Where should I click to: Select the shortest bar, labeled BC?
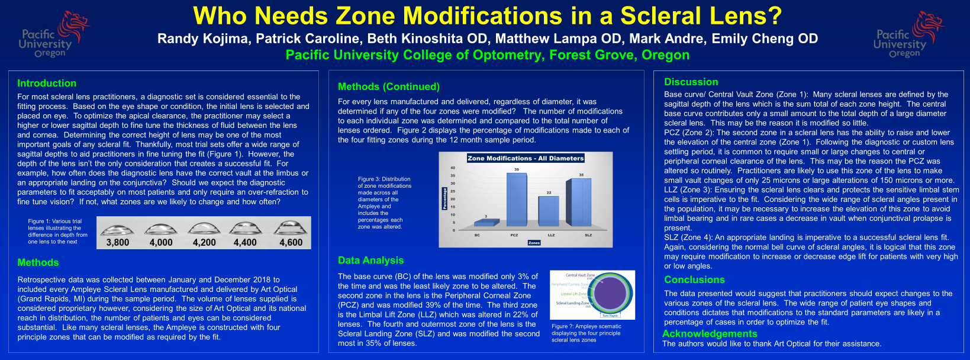coord(486,223)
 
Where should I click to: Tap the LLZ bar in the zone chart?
coord(549,211)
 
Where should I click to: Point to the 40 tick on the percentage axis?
coord(453,168)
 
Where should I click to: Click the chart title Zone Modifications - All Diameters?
coord(526,158)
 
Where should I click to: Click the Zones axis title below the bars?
coord(534,243)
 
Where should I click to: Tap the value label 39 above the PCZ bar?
coord(516,170)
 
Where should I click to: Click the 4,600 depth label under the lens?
coord(291,242)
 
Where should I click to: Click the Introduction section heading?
coord(47,83)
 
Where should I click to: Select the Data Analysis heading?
coord(370,261)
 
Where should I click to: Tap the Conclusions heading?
coord(694,280)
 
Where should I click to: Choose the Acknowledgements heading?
coord(710,334)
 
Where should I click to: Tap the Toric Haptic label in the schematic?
coord(610,316)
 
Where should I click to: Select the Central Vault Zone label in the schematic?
coord(580,275)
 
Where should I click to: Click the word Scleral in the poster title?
coord(662,16)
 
